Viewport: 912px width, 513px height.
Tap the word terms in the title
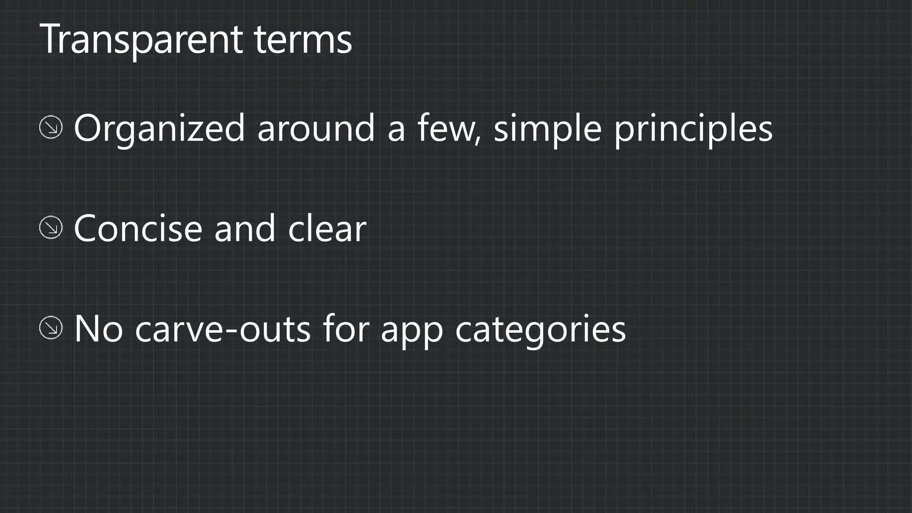pos(303,40)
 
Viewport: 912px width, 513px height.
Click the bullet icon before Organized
pos(51,127)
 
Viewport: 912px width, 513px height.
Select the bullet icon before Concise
pos(51,228)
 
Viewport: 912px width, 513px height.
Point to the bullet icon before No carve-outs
pos(51,328)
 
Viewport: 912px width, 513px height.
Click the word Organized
pos(159,129)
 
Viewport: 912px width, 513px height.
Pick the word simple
pos(548,129)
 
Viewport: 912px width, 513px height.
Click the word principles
pos(693,129)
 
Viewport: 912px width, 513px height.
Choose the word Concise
pos(138,228)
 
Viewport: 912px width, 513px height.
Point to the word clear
pos(327,228)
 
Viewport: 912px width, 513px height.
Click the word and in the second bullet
pos(245,228)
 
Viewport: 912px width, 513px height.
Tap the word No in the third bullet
pos(98,329)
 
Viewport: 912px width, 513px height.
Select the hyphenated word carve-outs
pos(223,330)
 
